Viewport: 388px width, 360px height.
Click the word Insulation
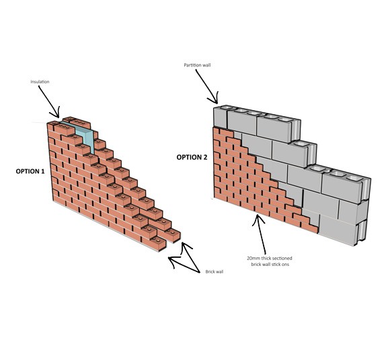coord(40,81)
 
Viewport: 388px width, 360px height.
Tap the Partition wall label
coord(197,65)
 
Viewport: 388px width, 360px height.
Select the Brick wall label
coord(215,271)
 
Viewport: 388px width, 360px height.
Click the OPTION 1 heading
coord(30,171)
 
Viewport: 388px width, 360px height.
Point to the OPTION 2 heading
coord(192,157)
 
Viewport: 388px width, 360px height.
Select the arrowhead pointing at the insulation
coord(55,113)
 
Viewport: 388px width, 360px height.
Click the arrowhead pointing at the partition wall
coord(214,99)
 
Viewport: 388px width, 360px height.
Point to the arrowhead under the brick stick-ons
coord(258,220)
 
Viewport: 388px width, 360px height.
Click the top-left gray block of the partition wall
coord(221,118)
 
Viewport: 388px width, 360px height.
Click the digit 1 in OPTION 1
coord(43,171)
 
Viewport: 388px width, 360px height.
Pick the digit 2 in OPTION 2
coord(205,157)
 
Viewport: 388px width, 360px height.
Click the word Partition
coord(193,65)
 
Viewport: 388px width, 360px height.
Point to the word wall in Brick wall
coord(219,271)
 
